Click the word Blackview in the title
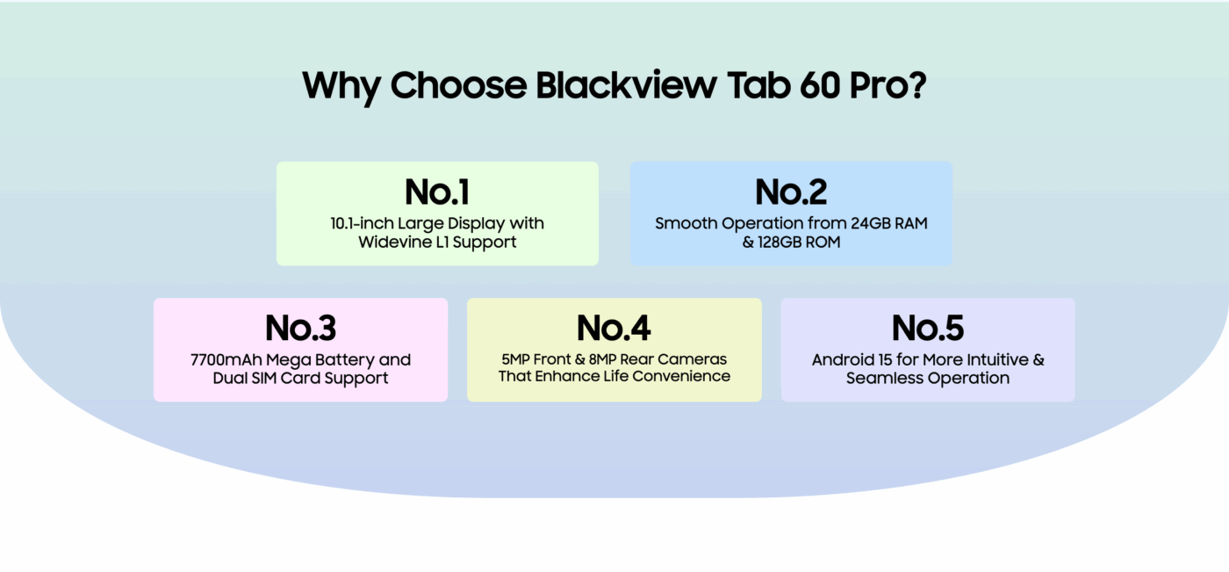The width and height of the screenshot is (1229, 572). [x=626, y=85]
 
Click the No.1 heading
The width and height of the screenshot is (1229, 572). [x=437, y=192]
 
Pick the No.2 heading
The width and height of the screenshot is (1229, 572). [x=791, y=192]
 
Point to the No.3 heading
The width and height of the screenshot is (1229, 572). [x=300, y=328]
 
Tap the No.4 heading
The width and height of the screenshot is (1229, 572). [x=614, y=328]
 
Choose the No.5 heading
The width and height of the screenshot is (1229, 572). [x=928, y=328]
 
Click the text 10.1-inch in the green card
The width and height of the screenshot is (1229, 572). [x=362, y=223]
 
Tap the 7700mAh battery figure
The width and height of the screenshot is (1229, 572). [x=226, y=359]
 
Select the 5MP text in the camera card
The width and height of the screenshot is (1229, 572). [x=516, y=359]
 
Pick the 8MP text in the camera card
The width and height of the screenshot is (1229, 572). [x=602, y=359]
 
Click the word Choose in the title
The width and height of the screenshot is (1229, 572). [x=458, y=85]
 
